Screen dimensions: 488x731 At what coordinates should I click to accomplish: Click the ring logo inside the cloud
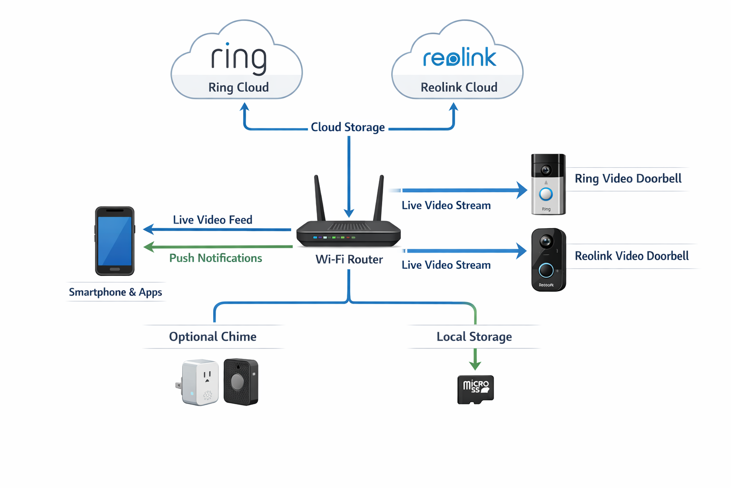click(238, 59)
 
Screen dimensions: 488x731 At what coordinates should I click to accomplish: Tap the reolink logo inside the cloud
click(459, 58)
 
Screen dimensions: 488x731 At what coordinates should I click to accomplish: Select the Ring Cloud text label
click(238, 87)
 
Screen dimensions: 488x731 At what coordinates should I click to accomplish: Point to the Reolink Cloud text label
click(459, 87)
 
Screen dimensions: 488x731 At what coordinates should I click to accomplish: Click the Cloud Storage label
click(347, 127)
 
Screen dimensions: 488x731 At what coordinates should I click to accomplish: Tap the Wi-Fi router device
click(348, 233)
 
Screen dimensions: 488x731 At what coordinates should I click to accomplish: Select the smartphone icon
click(115, 241)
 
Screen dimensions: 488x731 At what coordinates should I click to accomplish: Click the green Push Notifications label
click(216, 258)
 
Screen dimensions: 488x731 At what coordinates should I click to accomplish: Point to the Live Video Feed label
click(212, 220)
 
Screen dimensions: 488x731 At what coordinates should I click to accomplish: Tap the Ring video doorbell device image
click(548, 184)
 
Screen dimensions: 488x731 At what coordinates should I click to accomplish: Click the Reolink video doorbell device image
click(548, 260)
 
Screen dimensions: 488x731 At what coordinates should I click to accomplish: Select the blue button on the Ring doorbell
click(546, 194)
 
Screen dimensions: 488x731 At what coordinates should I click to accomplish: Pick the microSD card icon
click(475, 389)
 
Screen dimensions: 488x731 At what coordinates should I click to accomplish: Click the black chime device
click(241, 382)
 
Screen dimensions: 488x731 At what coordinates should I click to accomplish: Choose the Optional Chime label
click(213, 336)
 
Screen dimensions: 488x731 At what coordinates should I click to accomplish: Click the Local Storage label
click(474, 336)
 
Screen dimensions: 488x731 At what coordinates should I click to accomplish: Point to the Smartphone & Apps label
click(115, 292)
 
